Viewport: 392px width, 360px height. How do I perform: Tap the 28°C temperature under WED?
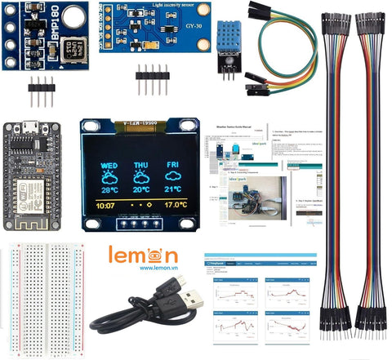point(109,189)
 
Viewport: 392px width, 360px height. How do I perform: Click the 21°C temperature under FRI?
point(173,189)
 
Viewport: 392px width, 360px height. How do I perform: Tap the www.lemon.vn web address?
point(159,267)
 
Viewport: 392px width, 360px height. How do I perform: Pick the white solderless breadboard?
point(42,300)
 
